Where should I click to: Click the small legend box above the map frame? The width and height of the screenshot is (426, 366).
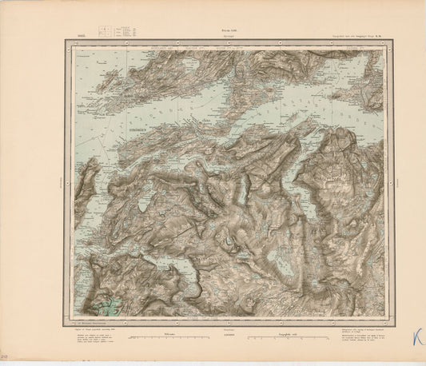tap(104, 34)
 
